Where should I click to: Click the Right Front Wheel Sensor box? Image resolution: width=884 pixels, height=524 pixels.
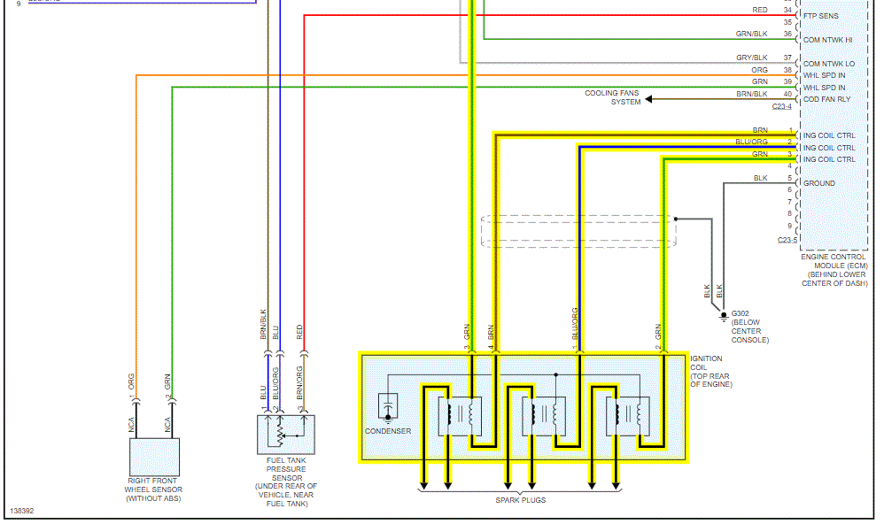[154, 457]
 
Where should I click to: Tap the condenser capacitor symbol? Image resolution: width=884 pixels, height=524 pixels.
[388, 408]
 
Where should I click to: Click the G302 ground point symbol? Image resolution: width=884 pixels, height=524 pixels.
[724, 315]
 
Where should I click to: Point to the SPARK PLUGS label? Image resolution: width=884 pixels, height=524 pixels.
[520, 500]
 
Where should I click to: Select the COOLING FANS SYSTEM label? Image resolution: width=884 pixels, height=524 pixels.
[612, 97]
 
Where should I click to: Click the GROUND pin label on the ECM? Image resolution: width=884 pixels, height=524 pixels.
[818, 183]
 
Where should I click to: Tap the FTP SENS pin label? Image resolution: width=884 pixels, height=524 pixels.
[821, 16]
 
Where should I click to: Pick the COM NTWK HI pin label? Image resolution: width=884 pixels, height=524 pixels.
[829, 40]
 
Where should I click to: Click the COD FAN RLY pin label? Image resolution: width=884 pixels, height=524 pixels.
[826, 99]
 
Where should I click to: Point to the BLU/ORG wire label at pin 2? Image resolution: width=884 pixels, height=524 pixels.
[751, 142]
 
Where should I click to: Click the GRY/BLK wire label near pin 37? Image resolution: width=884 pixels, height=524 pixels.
[751, 58]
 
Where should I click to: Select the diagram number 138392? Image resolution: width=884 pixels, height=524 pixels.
[23, 512]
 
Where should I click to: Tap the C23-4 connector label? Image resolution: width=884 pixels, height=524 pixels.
[781, 106]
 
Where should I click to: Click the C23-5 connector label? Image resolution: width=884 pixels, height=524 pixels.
[787, 240]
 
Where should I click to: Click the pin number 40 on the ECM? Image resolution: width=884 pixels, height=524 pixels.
[787, 94]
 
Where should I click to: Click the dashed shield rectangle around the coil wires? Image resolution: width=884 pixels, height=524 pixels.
[578, 230]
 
